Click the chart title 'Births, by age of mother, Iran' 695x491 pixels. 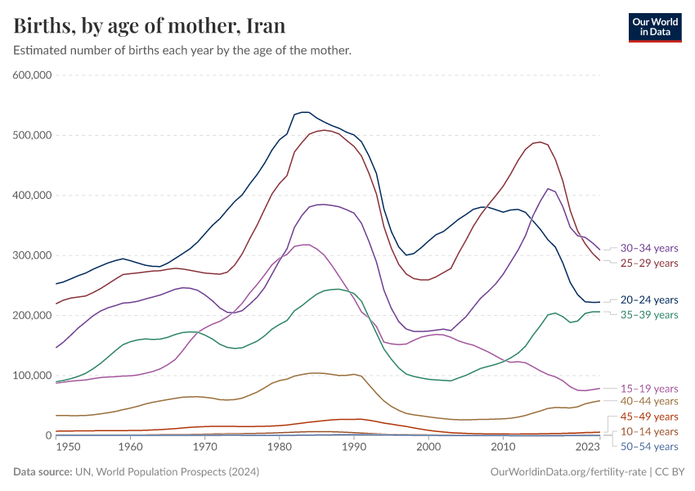[150, 26]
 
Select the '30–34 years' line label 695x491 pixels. [649, 248]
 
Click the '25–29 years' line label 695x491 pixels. [649, 263]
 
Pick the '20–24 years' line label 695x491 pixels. [649, 300]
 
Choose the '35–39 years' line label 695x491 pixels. [649, 314]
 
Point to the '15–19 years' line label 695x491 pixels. [649, 388]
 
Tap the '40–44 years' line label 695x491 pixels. [649, 401]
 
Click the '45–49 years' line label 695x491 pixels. [649, 417]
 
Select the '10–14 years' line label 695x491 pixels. [649, 431]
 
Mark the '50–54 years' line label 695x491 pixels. [649, 446]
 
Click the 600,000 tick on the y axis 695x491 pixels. [33, 75]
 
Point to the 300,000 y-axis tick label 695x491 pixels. [33, 255]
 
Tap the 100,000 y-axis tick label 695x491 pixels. [33, 376]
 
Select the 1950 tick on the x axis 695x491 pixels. [68, 448]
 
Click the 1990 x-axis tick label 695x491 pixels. [354, 448]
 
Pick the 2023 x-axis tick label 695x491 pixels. [587, 448]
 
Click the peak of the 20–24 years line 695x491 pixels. [303, 112]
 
